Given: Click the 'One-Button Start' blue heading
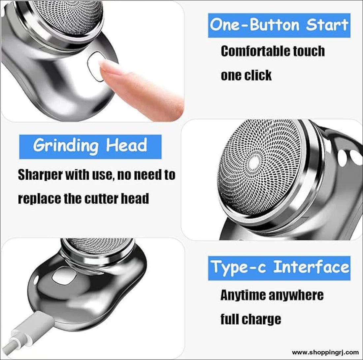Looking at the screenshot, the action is coord(279,25).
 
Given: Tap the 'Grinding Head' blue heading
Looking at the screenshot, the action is coord(90,147).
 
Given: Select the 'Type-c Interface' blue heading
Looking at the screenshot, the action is coord(279,268).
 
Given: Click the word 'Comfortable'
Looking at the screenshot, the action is coord(255,51).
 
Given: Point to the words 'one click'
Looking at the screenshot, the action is coord(246,75).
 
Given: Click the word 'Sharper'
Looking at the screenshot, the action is coord(40,175).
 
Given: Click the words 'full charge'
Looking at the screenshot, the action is coord(251,319).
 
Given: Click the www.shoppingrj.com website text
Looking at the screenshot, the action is coord(325,353).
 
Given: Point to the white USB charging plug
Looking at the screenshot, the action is coord(37,322).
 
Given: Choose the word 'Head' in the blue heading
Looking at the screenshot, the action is coord(126,145).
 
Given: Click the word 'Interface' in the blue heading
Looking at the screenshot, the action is coord(311,267).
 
